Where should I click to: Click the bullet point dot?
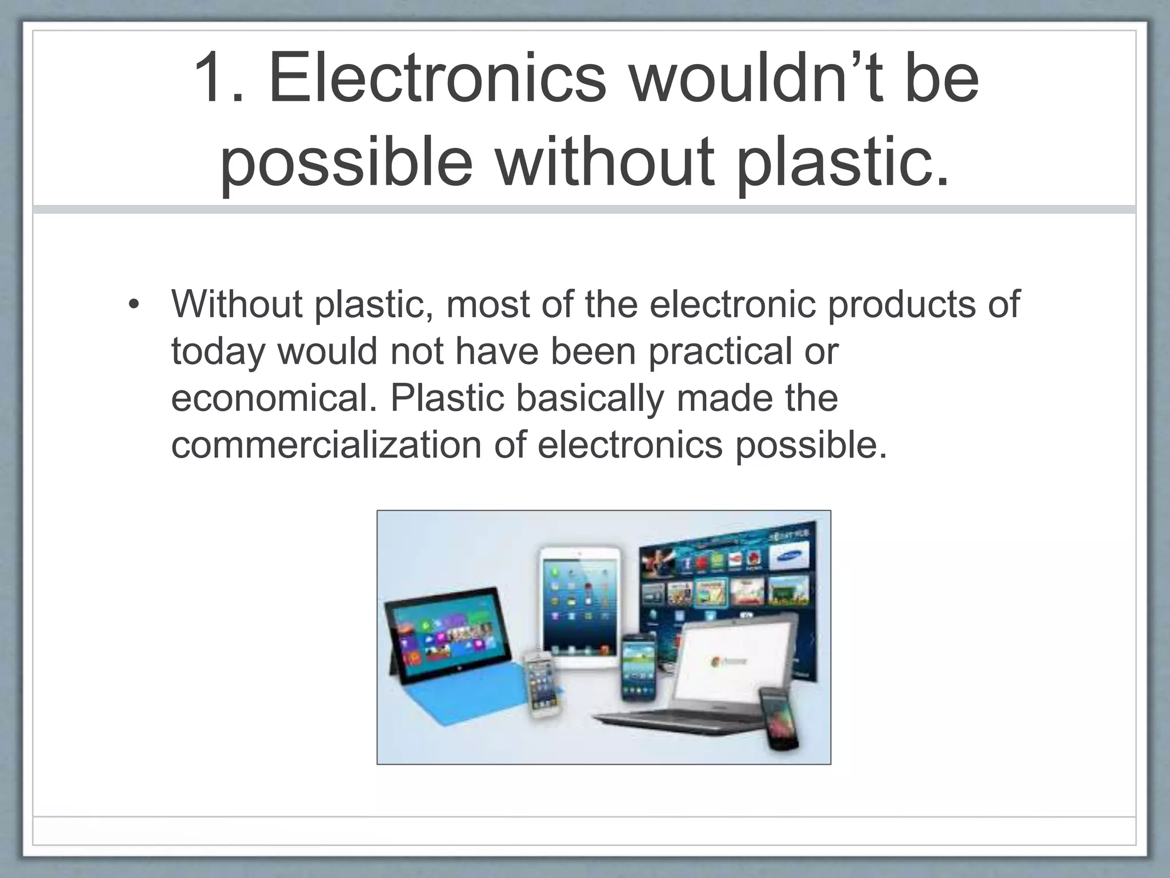[x=133, y=304]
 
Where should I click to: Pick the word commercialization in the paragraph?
[x=326, y=445]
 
